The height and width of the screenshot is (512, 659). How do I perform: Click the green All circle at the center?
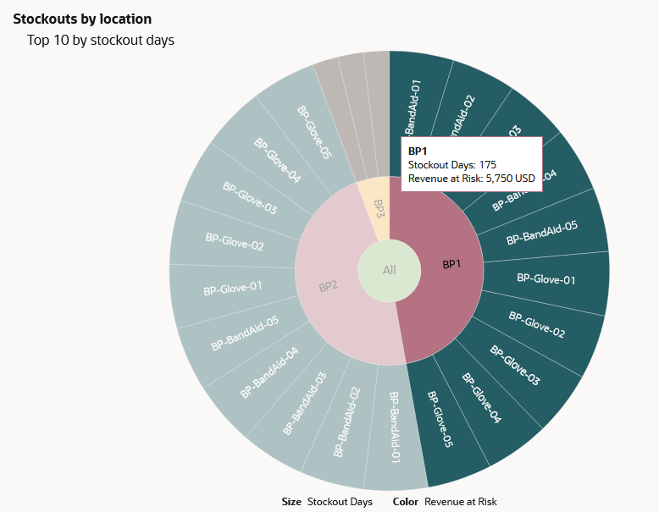tap(389, 270)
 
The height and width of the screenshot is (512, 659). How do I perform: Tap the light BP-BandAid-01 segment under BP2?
tap(393, 427)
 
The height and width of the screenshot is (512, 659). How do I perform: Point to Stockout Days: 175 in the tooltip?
tap(451, 164)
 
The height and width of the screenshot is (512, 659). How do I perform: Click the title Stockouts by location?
tap(82, 19)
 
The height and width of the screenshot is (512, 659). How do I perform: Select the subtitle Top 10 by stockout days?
tap(101, 40)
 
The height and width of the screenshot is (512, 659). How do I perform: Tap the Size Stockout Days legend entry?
tap(327, 502)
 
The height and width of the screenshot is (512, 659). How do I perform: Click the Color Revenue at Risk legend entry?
tap(445, 502)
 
